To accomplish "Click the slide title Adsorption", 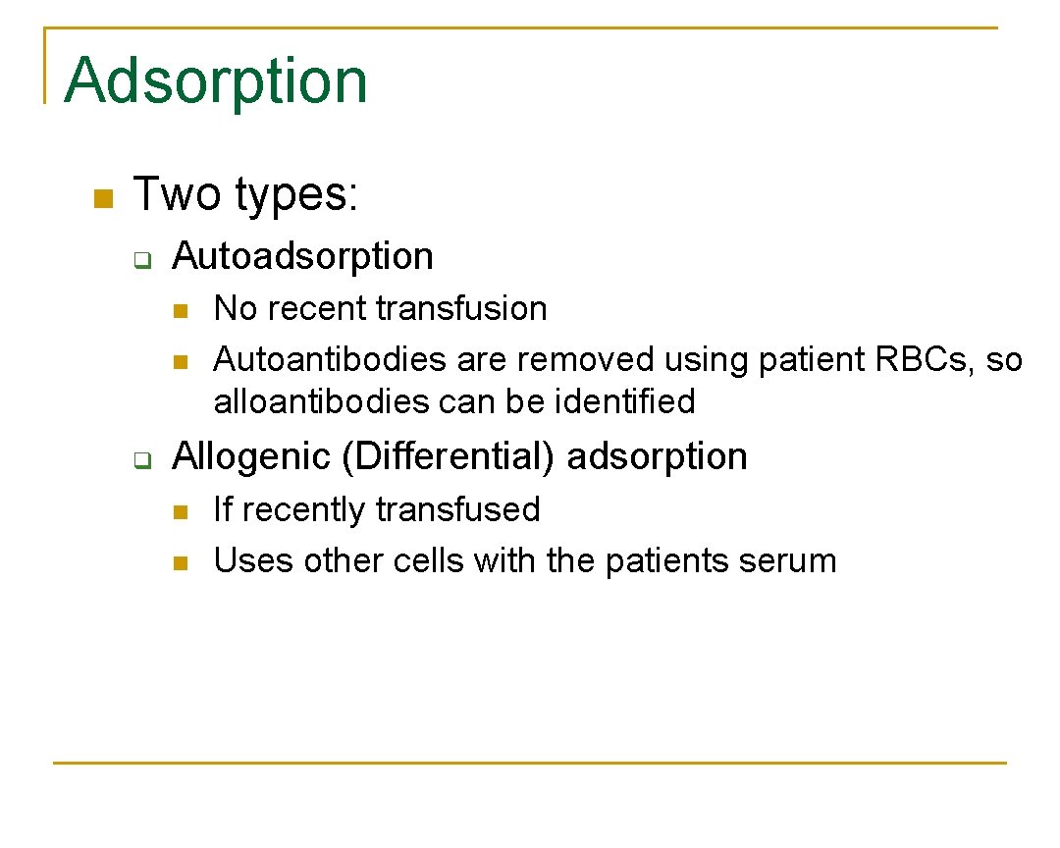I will (x=216, y=80).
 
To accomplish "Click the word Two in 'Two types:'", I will (x=178, y=194).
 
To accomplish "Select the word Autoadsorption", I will (x=302, y=256).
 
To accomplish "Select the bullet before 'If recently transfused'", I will (x=179, y=512).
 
